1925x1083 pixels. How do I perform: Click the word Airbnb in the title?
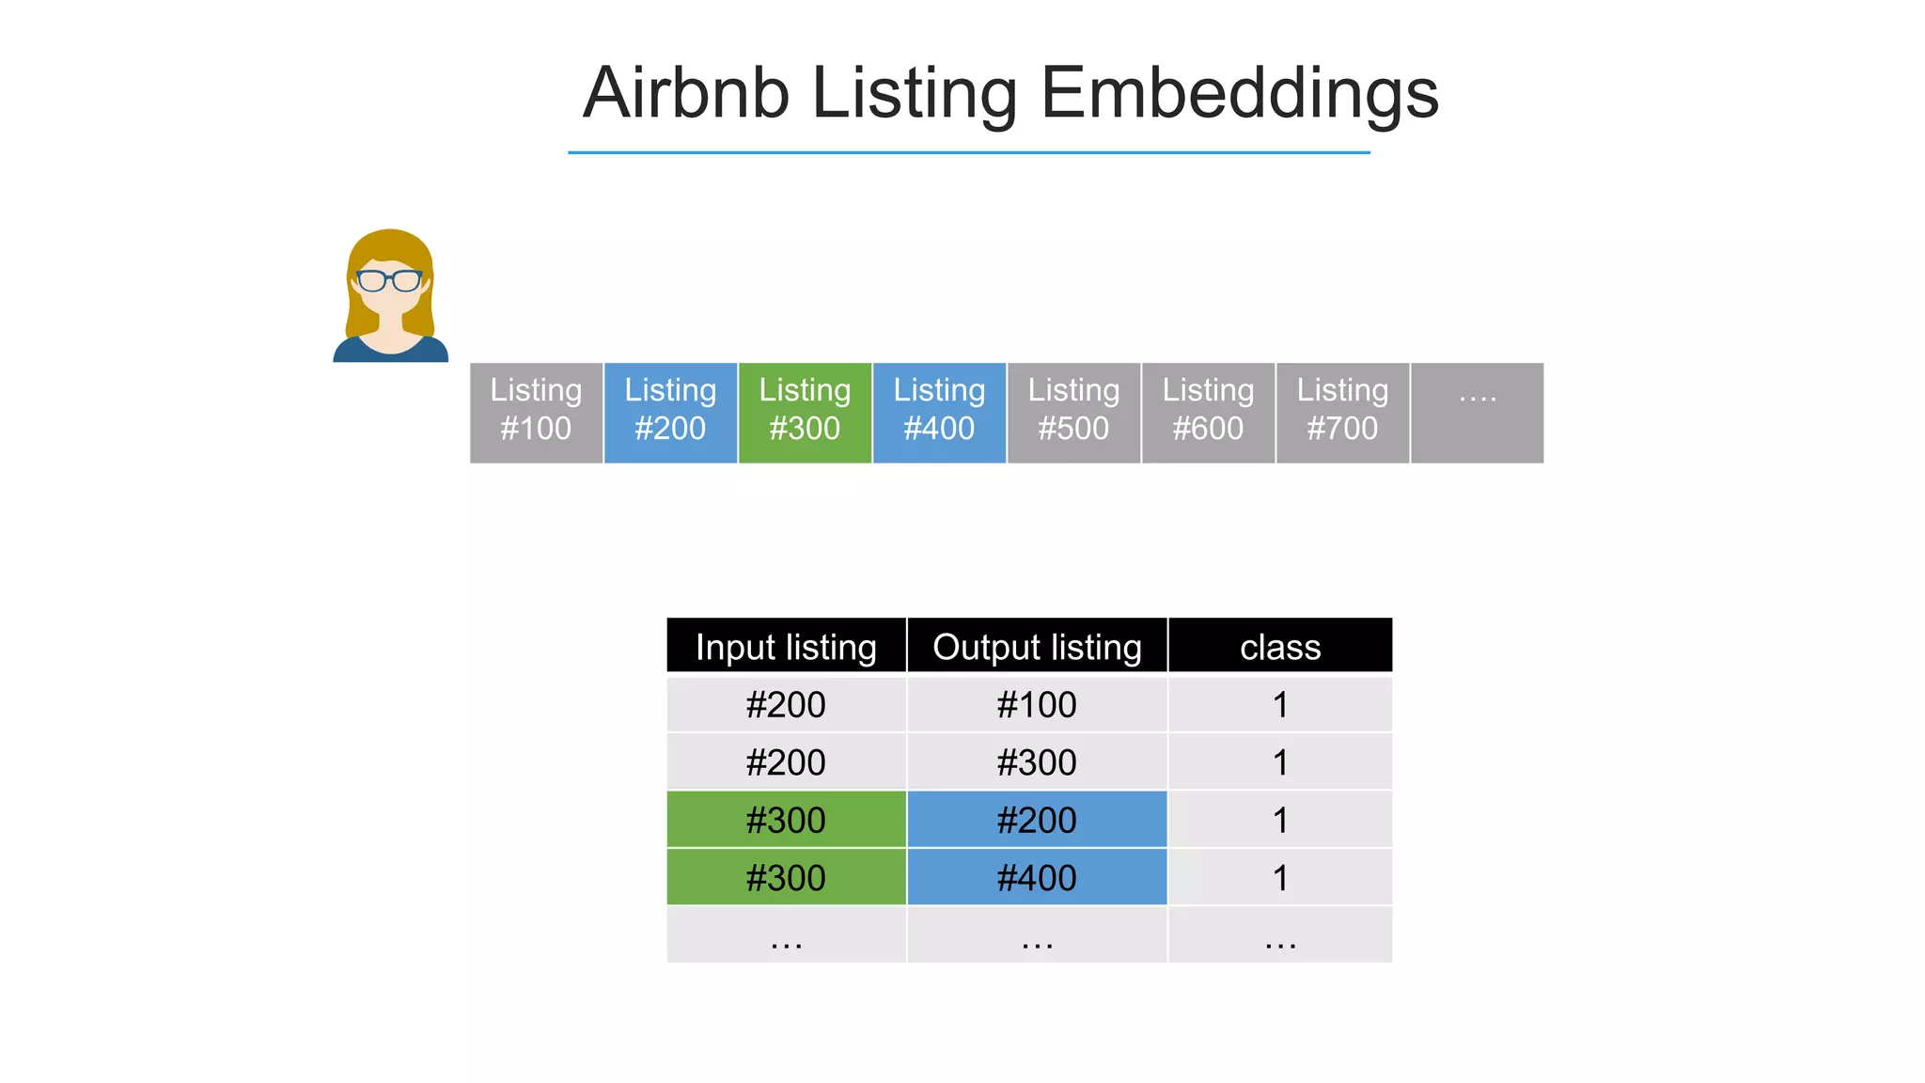coord(685,94)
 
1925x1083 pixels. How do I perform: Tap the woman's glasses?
coord(389,280)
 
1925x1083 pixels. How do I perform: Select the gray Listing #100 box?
coord(536,412)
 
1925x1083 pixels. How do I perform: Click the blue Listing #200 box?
coord(670,412)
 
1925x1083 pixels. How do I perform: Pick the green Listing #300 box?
coord(805,412)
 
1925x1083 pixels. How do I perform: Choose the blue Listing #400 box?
coord(939,412)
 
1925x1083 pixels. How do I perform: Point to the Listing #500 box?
coord(1073,412)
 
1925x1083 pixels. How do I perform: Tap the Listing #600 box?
coord(1208,412)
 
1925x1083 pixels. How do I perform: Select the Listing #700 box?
coord(1342,412)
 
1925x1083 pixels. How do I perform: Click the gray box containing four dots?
coord(1477,412)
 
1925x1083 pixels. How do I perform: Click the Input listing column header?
coord(786,646)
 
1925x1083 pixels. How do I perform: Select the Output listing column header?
coord(1037,646)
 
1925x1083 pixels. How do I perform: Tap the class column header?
coord(1279,646)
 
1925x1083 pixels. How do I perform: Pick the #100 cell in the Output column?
coord(1037,704)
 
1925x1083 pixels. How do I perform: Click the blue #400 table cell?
coord(1037,877)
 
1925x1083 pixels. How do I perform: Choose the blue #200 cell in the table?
coord(1037,820)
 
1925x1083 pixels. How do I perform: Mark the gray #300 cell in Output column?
coord(1037,762)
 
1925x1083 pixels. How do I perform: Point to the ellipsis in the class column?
coord(1279,937)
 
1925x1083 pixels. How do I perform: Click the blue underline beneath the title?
coord(968,152)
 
